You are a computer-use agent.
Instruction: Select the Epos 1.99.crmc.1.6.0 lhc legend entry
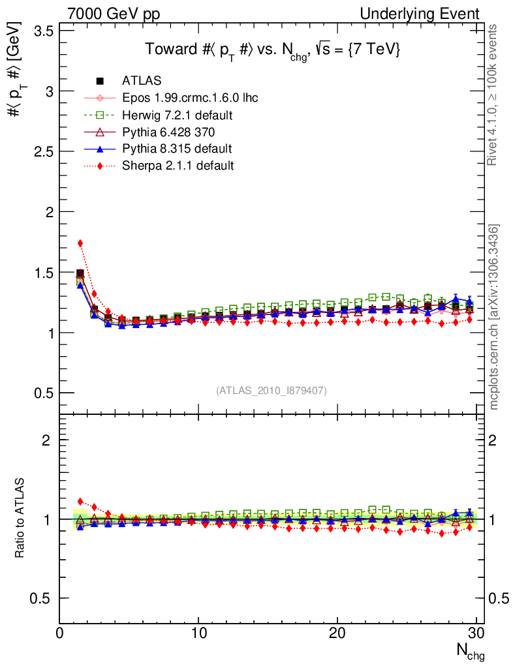190,98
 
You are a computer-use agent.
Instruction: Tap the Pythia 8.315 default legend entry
177,149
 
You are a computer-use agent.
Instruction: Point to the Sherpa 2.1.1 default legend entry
178,166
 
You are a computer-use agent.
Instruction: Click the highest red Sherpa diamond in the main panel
80,243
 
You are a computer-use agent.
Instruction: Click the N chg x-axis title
469,651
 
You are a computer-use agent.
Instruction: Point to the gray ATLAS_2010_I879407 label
272,391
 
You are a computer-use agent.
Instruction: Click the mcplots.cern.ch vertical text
495,317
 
